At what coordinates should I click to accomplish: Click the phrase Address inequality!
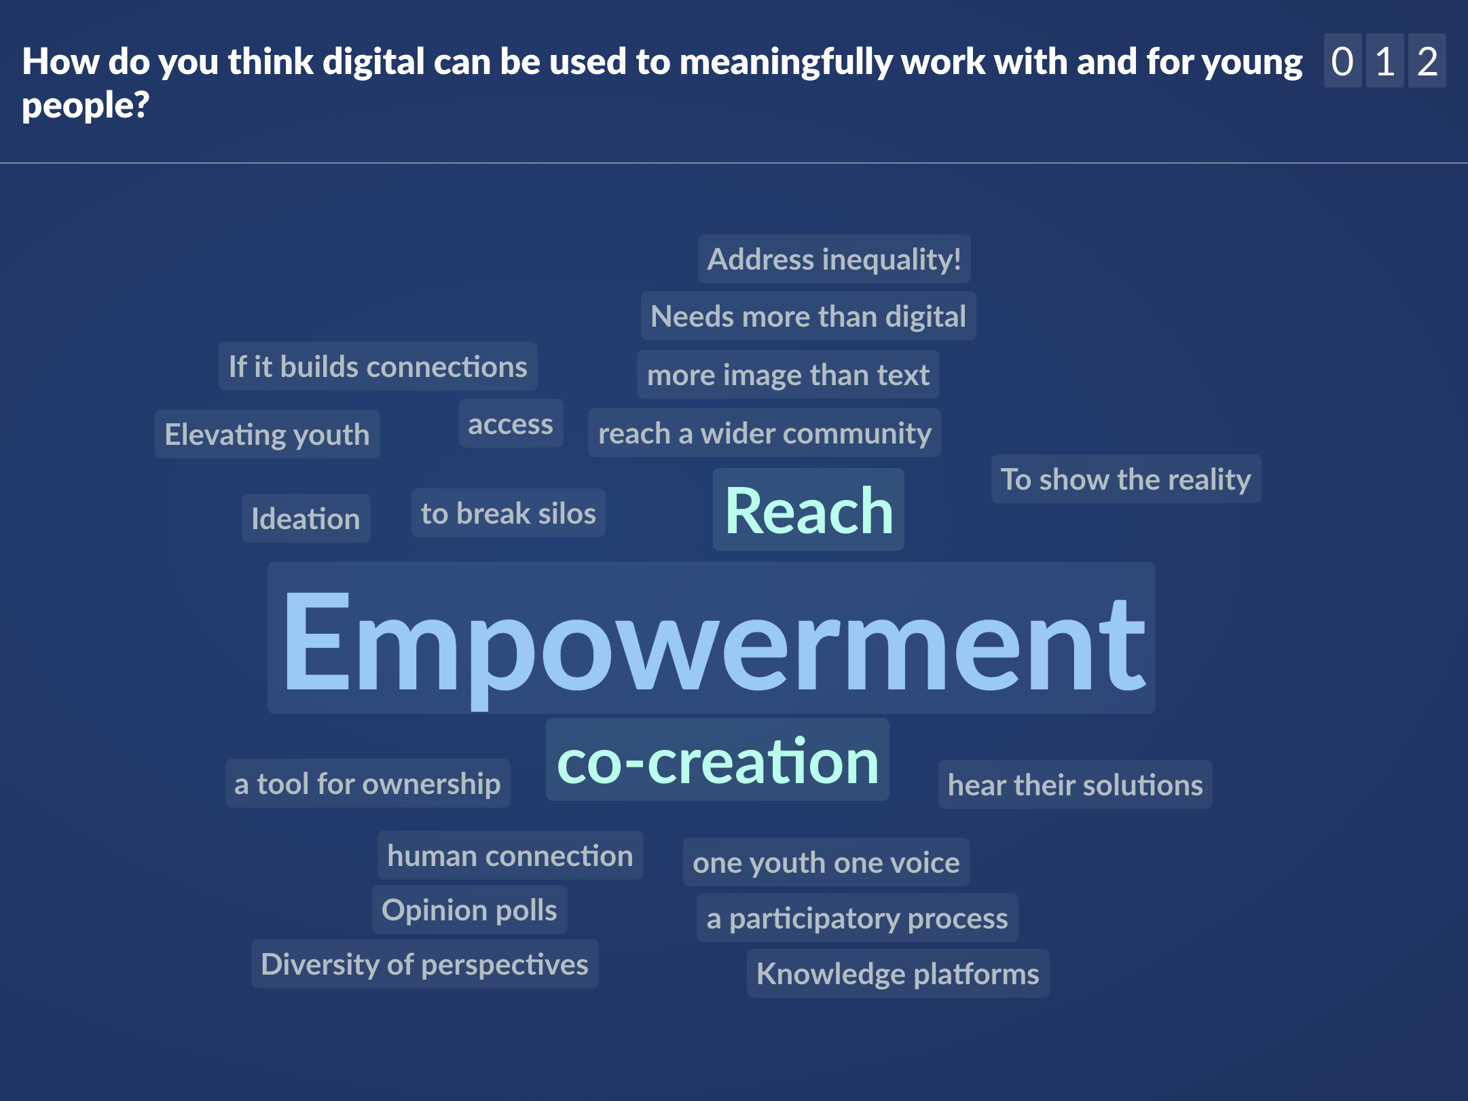pyautogui.click(x=834, y=259)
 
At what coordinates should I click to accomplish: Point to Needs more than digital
pyautogui.click(x=809, y=316)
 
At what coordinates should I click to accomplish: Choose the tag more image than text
pyautogui.click(x=788, y=374)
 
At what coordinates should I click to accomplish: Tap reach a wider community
pyautogui.click(x=765, y=433)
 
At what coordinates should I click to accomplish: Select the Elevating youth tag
pyautogui.click(x=268, y=434)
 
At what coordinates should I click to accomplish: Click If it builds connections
pyautogui.click(x=378, y=366)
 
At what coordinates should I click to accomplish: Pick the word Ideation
pyautogui.click(x=306, y=518)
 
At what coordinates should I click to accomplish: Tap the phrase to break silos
pyautogui.click(x=509, y=513)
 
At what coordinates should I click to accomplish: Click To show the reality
pyautogui.click(x=1126, y=479)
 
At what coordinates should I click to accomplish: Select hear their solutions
pyautogui.click(x=1076, y=784)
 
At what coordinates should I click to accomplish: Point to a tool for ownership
pyautogui.click(x=368, y=783)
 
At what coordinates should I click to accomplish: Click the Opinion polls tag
pyautogui.click(x=470, y=909)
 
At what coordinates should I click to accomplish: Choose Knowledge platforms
pyautogui.click(x=898, y=973)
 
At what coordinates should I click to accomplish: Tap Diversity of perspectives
pyautogui.click(x=425, y=964)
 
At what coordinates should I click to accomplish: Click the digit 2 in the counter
pyautogui.click(x=1427, y=61)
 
